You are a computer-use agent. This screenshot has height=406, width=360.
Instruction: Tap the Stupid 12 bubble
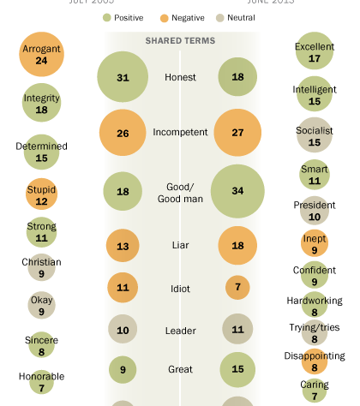point(41,195)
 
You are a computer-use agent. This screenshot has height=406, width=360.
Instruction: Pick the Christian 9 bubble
point(41,268)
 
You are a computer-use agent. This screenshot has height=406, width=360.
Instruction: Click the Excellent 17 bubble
point(314,53)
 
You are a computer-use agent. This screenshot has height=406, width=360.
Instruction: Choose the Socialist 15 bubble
point(314,136)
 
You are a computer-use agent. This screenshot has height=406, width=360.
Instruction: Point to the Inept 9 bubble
point(314,244)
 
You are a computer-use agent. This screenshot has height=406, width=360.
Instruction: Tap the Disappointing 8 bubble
point(314,361)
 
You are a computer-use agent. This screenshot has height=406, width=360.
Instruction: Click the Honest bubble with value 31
point(123,77)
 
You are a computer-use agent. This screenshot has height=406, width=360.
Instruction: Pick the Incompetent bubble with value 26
point(123,134)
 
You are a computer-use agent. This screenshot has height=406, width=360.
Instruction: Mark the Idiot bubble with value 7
point(237,287)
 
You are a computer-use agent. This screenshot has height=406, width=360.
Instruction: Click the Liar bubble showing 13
point(123,247)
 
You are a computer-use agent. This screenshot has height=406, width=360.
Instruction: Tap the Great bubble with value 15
point(237,370)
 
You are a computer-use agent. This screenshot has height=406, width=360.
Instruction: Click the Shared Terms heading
point(180,40)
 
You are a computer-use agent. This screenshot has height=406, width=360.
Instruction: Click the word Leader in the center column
point(180,329)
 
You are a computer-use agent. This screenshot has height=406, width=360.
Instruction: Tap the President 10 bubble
point(314,210)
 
